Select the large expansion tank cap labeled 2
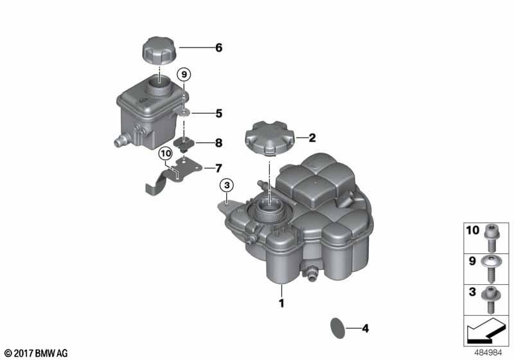pos(269,138)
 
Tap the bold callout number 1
pos(281,303)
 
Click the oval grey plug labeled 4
pos(338,328)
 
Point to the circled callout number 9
pos(184,75)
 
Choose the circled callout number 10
pos(166,154)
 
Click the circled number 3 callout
pos(227,186)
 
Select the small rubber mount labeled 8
pos(184,144)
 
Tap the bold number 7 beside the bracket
pos(218,168)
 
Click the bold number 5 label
pos(218,113)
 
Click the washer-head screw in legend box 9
pos(490,269)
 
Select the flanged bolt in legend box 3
pos(491,300)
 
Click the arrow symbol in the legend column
pos(486,330)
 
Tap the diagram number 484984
pos(488,353)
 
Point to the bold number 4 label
pos(365,328)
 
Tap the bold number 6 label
pos(218,48)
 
